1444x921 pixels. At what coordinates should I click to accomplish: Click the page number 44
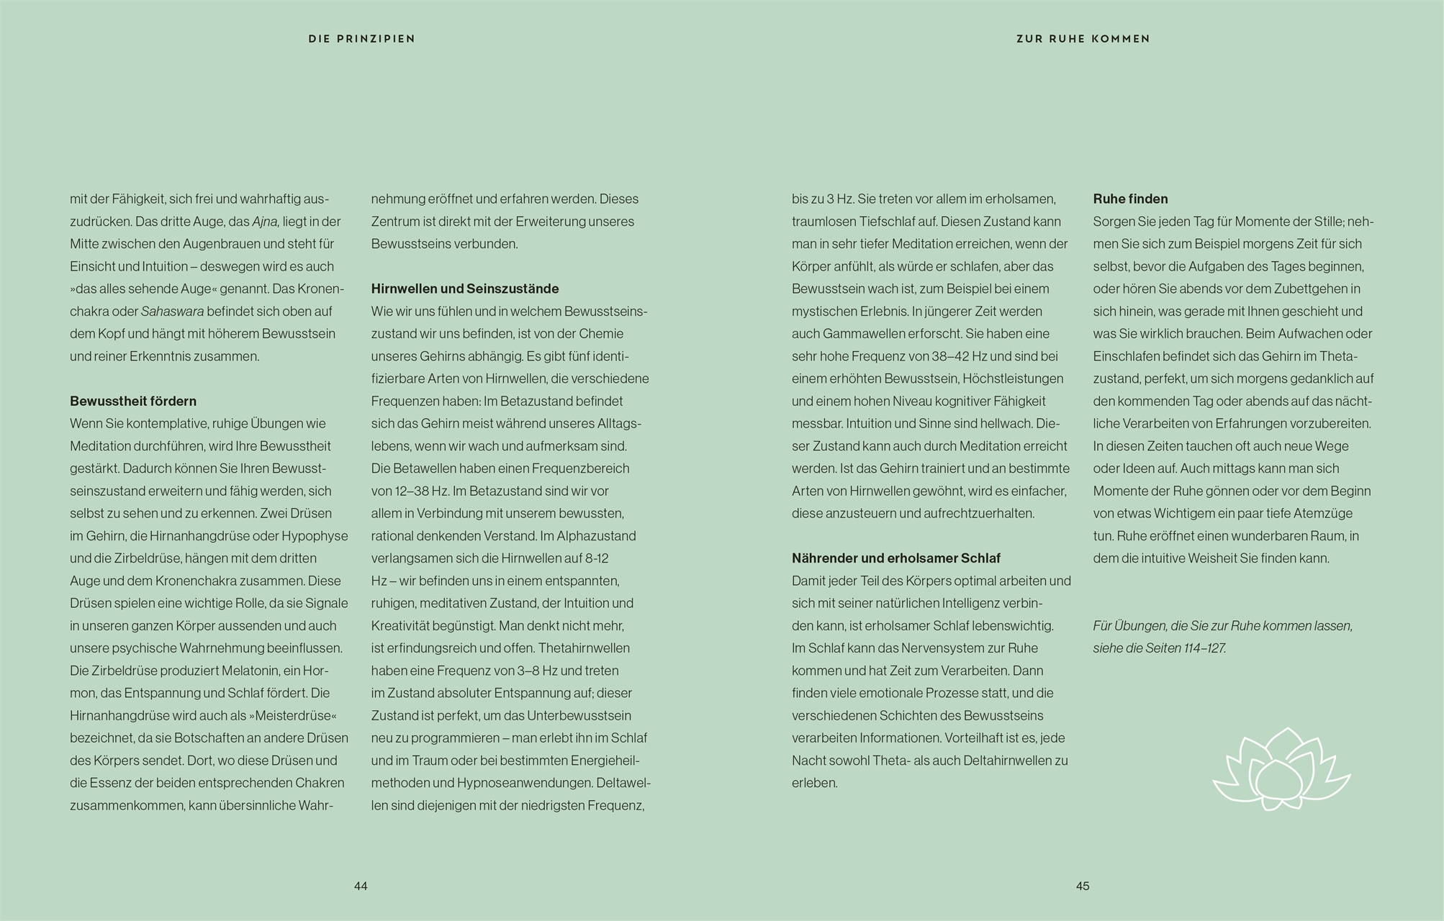(x=361, y=886)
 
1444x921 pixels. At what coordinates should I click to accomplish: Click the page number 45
(x=1083, y=886)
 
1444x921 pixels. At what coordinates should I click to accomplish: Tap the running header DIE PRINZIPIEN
(x=361, y=39)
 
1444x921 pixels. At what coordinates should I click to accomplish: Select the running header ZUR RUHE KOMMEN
(x=1083, y=39)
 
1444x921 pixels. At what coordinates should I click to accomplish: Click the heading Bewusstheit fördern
(x=133, y=401)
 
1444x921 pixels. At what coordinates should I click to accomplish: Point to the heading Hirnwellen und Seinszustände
(x=465, y=289)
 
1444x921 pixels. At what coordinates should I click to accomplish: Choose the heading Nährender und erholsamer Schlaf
(x=896, y=558)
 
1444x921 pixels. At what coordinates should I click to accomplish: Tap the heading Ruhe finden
(x=1130, y=199)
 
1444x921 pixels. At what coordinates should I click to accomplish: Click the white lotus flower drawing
(x=1281, y=769)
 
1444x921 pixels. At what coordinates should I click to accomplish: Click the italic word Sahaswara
(x=173, y=312)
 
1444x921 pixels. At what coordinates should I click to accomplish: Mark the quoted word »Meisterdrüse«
(x=293, y=715)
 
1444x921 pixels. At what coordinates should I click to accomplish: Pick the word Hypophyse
(x=315, y=536)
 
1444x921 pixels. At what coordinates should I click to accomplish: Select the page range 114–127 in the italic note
(x=1204, y=648)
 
